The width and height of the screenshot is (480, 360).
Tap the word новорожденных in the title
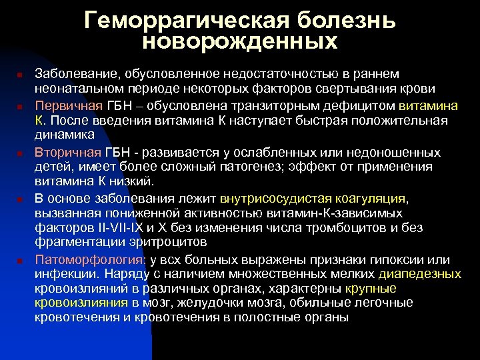point(240,42)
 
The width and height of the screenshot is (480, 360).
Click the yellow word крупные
point(370,288)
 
